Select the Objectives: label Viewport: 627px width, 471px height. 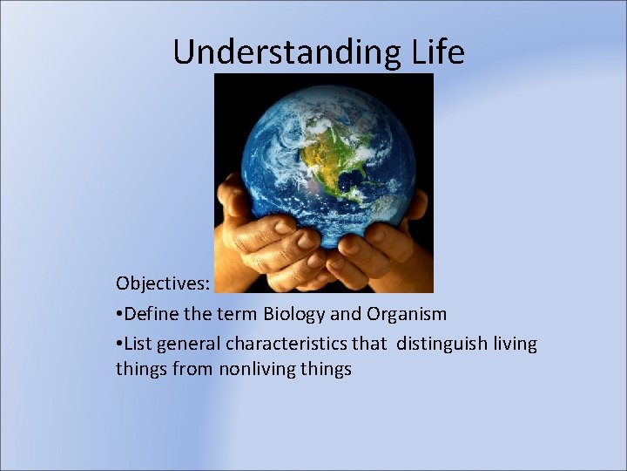pos(162,284)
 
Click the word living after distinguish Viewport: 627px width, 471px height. pos(515,344)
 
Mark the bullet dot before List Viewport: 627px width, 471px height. pos(119,345)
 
